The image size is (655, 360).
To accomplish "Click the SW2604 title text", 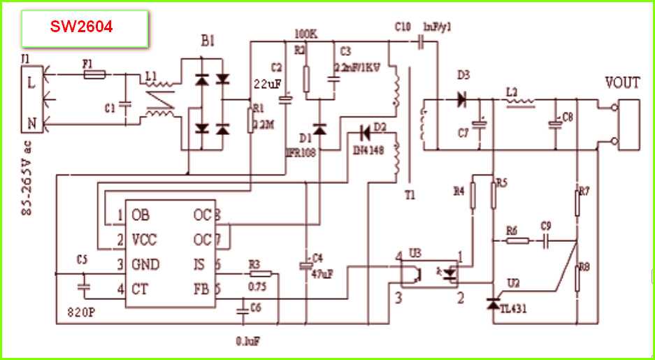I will [81, 27].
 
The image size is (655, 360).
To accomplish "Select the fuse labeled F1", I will [94, 73].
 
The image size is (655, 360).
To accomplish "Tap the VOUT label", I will [621, 84].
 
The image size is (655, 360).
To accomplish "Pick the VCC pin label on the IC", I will [144, 240].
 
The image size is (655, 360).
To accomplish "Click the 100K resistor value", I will [306, 34].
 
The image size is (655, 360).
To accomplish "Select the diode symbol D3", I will [461, 99].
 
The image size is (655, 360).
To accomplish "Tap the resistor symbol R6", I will [518, 241].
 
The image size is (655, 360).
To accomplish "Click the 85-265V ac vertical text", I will [27, 179].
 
